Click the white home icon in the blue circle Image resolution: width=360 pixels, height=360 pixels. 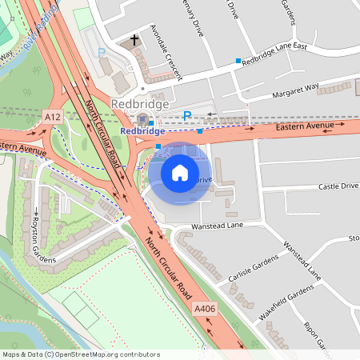tap(180, 173)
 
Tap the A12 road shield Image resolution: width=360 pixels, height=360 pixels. tap(54, 117)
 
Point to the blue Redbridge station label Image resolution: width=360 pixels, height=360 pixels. tap(142, 130)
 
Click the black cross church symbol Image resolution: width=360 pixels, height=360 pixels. tap(134, 39)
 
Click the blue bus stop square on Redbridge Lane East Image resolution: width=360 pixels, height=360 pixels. tap(238, 61)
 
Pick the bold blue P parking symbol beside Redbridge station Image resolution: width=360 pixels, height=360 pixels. tap(187, 117)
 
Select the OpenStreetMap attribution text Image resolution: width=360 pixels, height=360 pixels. tap(81, 354)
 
